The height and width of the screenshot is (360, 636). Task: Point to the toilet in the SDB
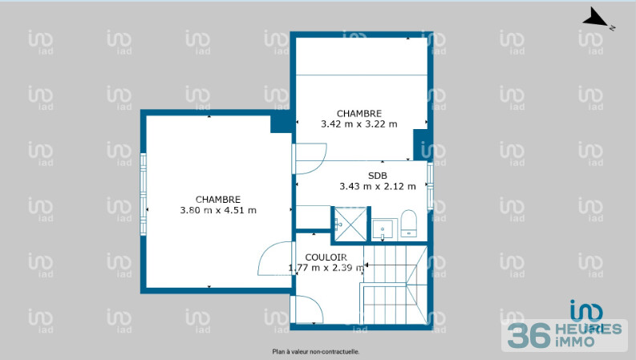408,224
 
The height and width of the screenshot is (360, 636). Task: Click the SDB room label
378,176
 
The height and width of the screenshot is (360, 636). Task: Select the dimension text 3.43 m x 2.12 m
378,187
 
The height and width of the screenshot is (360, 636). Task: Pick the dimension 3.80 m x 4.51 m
218,211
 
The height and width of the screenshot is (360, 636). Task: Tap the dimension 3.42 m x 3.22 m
359,124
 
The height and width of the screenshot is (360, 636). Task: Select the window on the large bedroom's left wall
144,194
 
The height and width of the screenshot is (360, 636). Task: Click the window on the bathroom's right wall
430,185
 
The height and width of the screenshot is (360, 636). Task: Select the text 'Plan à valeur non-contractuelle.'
315,351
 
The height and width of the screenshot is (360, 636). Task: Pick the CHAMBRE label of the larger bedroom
218,200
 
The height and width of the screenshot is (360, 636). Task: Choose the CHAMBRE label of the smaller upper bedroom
359,113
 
